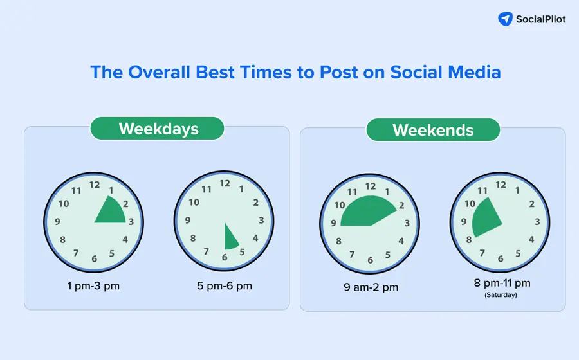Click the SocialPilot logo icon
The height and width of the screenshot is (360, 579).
(x=506, y=19)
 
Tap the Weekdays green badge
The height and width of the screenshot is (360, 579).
(x=158, y=128)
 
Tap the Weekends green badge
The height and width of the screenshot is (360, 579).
(x=433, y=130)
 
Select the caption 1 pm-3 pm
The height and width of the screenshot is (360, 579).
(x=93, y=285)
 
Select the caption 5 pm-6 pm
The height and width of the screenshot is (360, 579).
(x=225, y=285)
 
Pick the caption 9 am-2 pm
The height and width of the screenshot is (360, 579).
(x=371, y=287)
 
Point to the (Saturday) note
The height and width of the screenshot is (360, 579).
(x=500, y=295)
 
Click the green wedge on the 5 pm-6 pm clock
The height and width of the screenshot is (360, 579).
(x=230, y=240)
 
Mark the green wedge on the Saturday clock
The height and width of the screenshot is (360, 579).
(x=486, y=218)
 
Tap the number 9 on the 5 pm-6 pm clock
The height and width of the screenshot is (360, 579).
(x=187, y=221)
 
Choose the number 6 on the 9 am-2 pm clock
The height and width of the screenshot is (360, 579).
(x=370, y=260)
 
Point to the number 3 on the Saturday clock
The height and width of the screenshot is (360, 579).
(x=537, y=221)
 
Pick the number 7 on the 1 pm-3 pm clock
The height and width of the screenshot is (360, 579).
(x=76, y=253)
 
